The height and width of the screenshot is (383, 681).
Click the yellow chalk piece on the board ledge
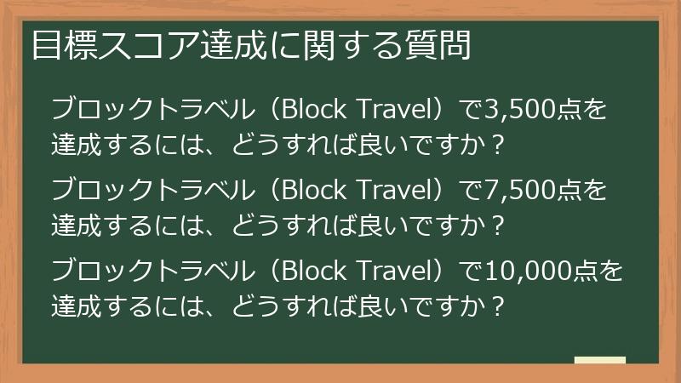coord(599,360)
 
